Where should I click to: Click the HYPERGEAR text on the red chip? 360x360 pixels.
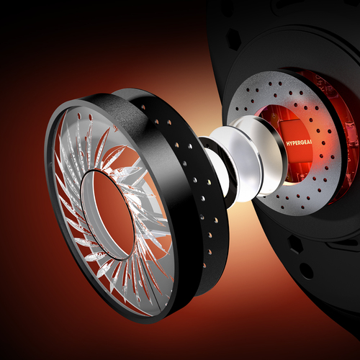click(x=299, y=143)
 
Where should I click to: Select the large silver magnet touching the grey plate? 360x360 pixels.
click(x=254, y=156)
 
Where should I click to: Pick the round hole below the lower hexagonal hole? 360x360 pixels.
click(x=307, y=271)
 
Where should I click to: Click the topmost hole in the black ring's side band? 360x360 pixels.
click(x=144, y=106)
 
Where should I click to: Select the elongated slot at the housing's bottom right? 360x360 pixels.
click(x=341, y=243)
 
